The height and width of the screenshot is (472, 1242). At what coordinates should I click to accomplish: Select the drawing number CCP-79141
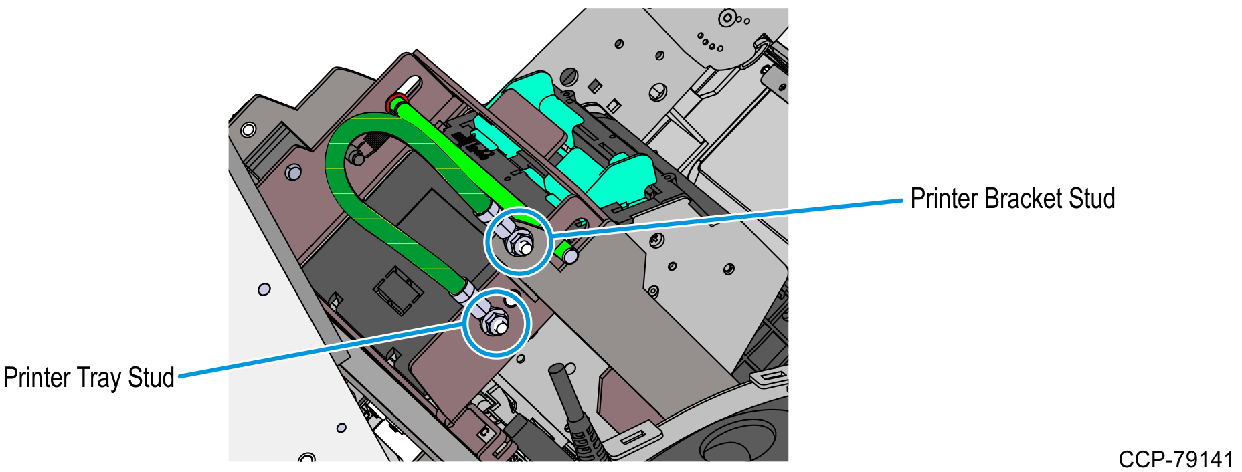[x=1176, y=460]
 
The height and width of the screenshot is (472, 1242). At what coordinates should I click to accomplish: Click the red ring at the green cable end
[x=395, y=103]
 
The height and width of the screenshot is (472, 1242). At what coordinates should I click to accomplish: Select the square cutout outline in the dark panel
[x=397, y=291]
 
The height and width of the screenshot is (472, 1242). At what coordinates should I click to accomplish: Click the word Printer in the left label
[x=37, y=378]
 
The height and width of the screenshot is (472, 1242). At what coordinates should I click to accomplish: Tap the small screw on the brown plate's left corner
[x=292, y=172]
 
